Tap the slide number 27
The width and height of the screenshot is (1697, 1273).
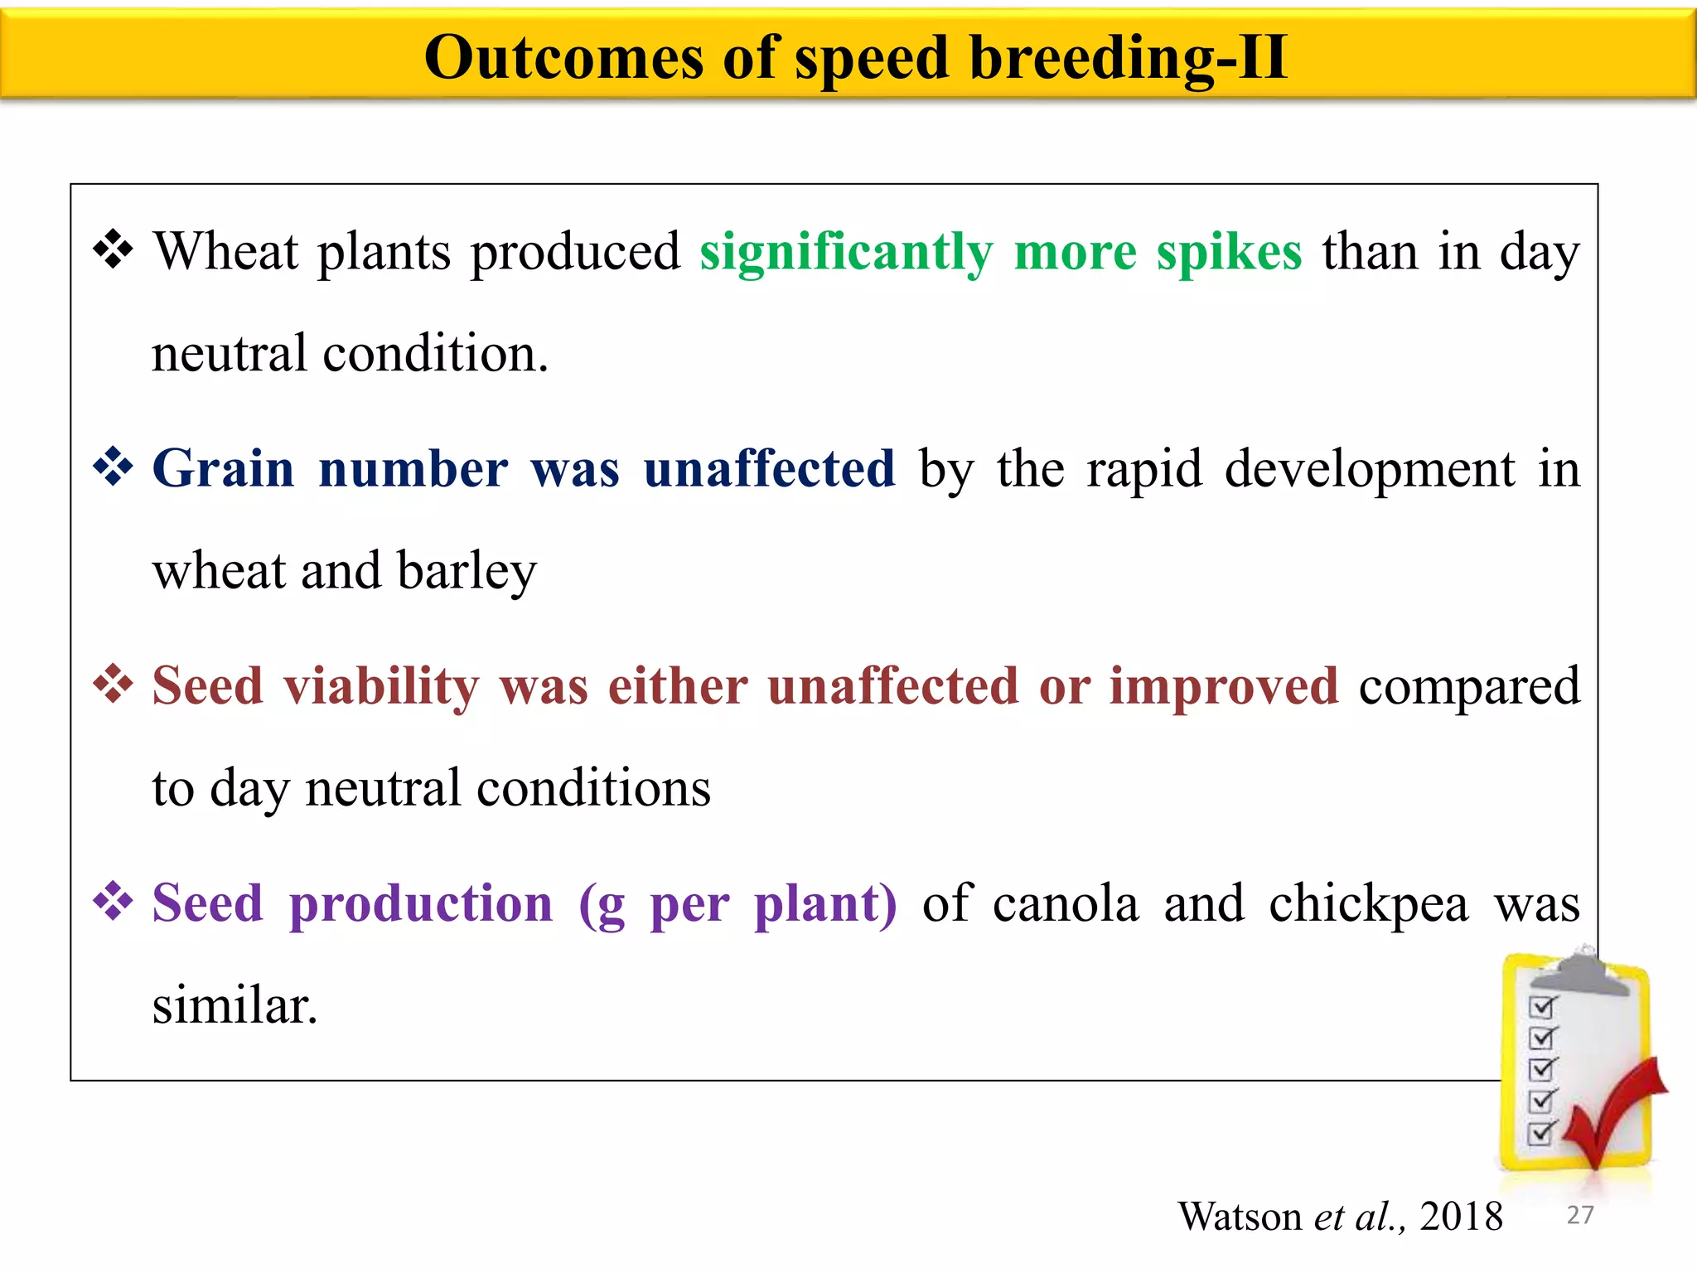pyautogui.click(x=1580, y=1215)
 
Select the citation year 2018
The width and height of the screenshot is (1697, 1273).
pyautogui.click(x=1461, y=1217)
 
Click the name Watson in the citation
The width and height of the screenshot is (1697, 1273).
pyautogui.click(x=1240, y=1217)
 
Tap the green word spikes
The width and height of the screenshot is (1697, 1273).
pyautogui.click(x=1229, y=253)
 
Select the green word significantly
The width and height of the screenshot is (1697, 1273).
pyautogui.click(x=845, y=253)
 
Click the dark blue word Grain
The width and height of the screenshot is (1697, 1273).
pyautogui.click(x=224, y=469)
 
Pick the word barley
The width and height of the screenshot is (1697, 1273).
pyautogui.click(x=467, y=572)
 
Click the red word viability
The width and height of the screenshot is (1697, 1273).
pyautogui.click(x=381, y=688)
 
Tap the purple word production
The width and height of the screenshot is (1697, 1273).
pyautogui.click(x=421, y=903)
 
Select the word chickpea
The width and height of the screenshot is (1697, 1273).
pyautogui.click(x=1368, y=903)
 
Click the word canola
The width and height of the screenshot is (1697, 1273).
pyautogui.click(x=1066, y=903)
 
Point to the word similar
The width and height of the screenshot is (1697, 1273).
pyautogui.click(x=234, y=1005)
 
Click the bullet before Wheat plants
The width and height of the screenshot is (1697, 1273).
pyautogui.click(x=114, y=249)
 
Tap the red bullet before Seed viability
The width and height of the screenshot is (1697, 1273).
pyautogui.click(x=114, y=685)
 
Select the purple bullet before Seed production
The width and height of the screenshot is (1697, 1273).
pyautogui.click(x=114, y=902)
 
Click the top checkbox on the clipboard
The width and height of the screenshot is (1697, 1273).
pyautogui.click(x=1542, y=1007)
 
